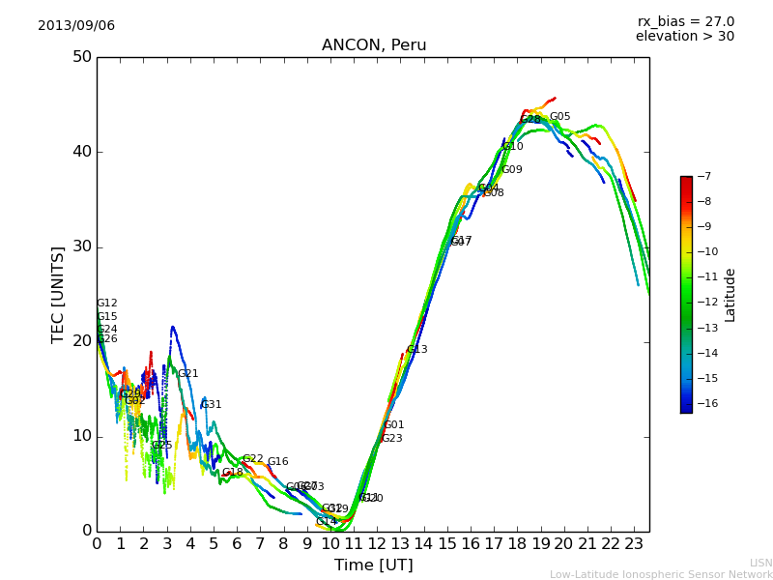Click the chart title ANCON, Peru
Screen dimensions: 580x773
[x=373, y=45]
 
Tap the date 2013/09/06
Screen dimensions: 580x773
[x=76, y=25]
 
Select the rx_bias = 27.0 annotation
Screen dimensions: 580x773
[x=685, y=21]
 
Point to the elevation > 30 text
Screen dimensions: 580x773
[x=684, y=37]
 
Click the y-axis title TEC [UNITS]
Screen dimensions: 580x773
[x=58, y=294]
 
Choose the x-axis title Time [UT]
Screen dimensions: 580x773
[x=373, y=565]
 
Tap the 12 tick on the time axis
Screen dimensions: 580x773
[x=377, y=544]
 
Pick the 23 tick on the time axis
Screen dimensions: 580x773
[x=634, y=544]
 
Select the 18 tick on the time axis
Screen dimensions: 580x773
[x=517, y=544]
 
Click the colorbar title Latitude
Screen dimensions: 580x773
[x=730, y=294]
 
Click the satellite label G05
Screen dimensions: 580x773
[x=559, y=117]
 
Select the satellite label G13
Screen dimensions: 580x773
[x=416, y=350]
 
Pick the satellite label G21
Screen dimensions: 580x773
[x=187, y=374]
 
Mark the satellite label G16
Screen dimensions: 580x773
[x=277, y=462]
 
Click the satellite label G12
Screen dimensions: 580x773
[x=106, y=304]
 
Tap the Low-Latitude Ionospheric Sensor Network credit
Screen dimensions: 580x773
[x=661, y=574]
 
